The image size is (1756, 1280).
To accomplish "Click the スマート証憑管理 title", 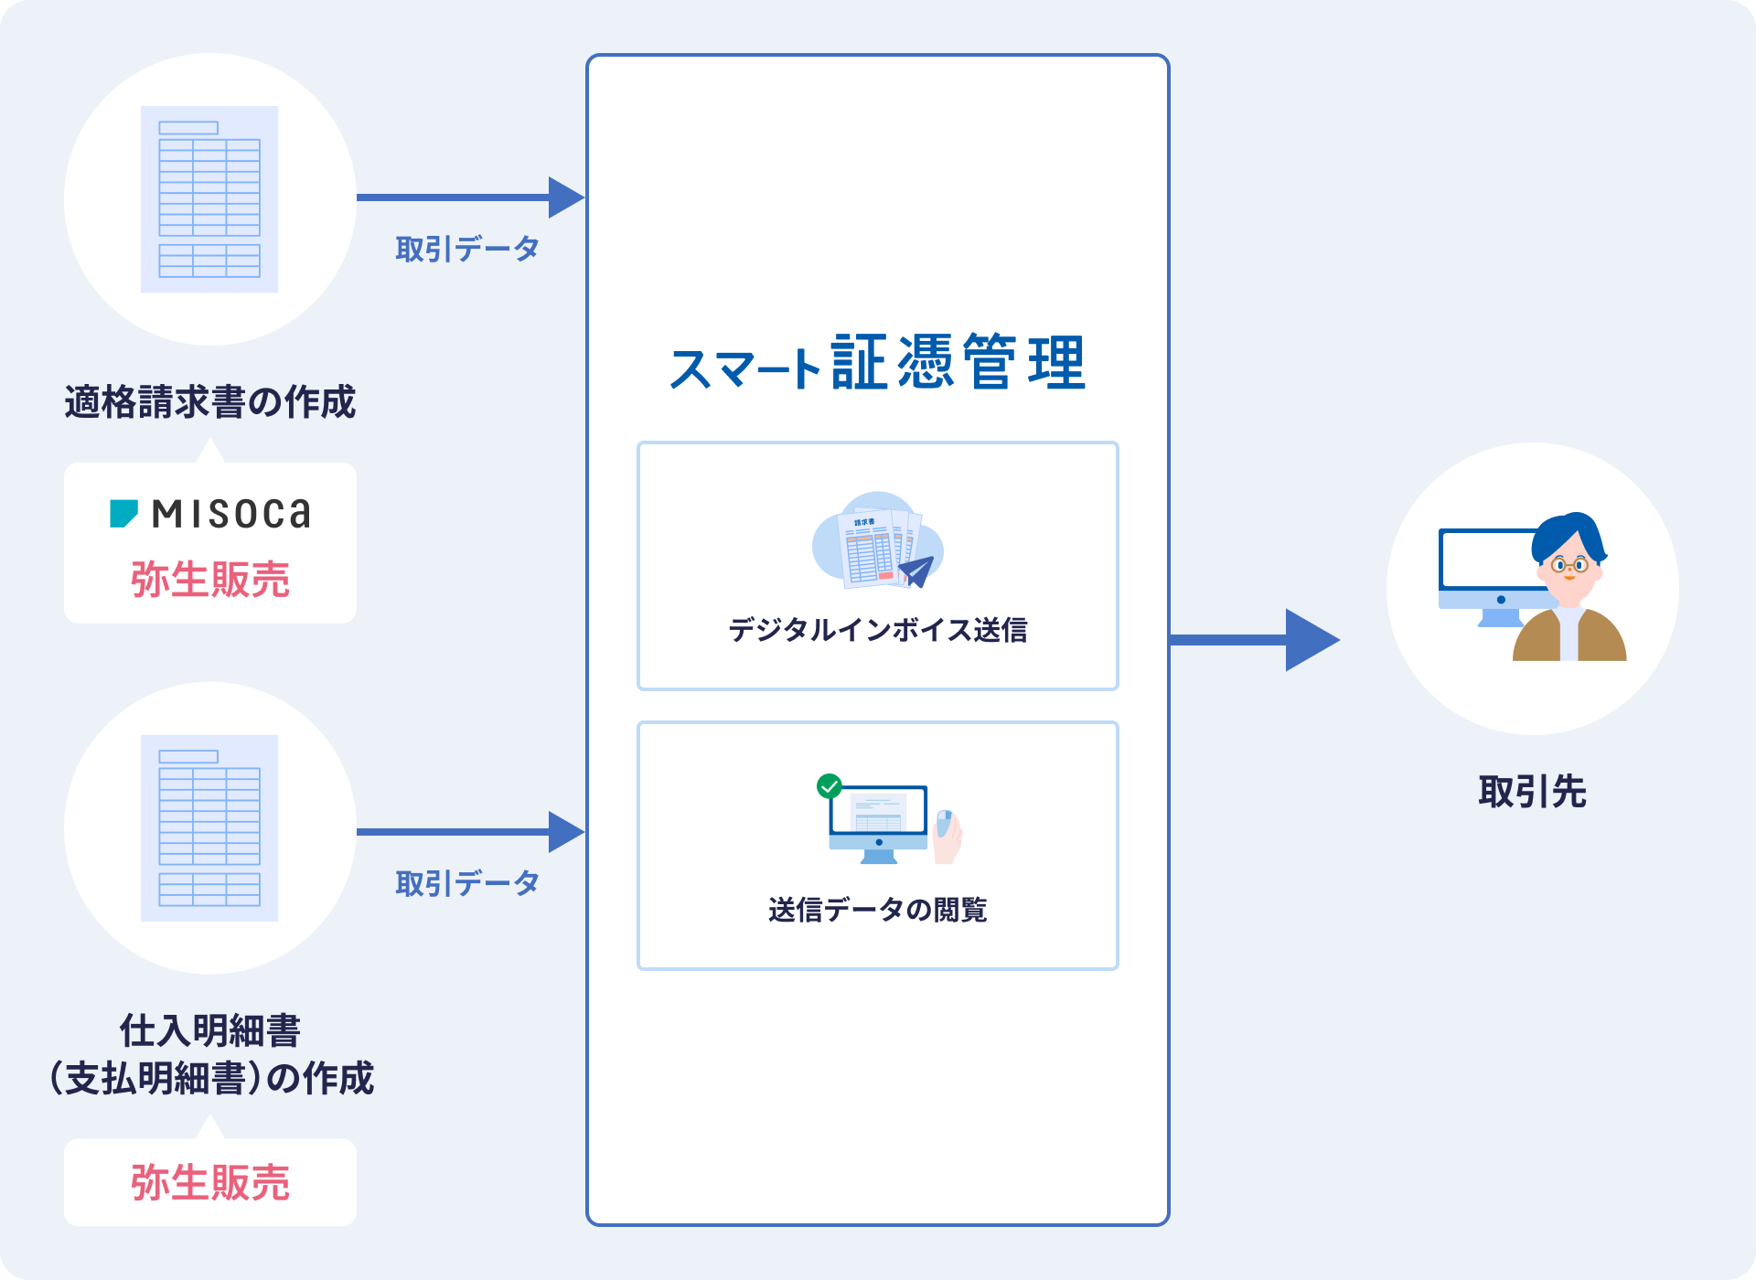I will (x=877, y=363).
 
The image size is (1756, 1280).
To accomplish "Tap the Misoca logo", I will (x=210, y=514).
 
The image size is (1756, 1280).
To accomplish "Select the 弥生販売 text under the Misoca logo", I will (x=210, y=580).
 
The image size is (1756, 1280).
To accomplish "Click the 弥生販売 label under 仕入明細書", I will (x=210, y=1182).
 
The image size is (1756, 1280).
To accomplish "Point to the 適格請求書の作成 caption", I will (x=210, y=402).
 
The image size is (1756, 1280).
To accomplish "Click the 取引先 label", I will (x=1532, y=792).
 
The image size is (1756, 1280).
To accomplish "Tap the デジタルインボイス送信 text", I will (x=877, y=630).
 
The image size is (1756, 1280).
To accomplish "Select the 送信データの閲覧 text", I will (x=877, y=910).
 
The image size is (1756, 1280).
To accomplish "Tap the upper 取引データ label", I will (x=467, y=249).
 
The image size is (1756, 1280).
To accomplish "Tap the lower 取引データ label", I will (x=467, y=883).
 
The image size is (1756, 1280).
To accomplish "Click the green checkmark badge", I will (x=830, y=786).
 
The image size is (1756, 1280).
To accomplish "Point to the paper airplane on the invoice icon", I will (x=917, y=571).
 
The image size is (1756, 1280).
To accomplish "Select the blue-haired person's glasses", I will (x=1569, y=565).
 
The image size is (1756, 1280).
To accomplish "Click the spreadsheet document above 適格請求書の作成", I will (x=209, y=199).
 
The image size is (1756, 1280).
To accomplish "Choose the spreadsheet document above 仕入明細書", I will (x=209, y=827).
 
